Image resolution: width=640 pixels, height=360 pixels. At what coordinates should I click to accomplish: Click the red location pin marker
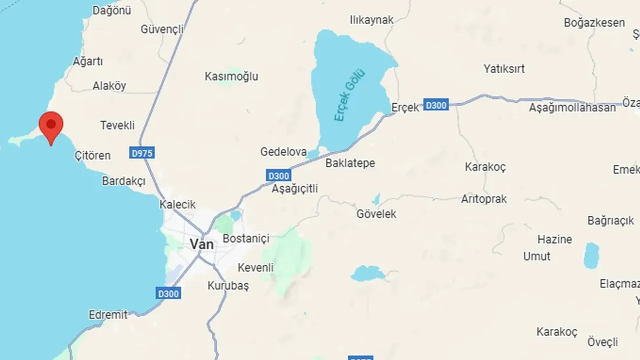[51, 126]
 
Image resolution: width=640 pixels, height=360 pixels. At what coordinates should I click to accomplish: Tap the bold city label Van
[201, 244]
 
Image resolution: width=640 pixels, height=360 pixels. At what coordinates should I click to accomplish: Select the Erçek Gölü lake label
[349, 95]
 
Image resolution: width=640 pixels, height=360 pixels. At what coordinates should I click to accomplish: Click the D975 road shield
[141, 153]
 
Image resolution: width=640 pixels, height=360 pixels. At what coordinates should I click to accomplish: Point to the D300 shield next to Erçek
[435, 105]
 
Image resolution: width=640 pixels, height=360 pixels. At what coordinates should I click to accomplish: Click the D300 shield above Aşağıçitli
[278, 175]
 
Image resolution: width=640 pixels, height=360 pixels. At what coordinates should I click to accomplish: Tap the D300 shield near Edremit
[168, 293]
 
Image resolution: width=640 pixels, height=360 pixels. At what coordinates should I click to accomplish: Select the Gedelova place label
[283, 151]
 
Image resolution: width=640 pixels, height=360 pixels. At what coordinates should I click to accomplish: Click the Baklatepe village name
[350, 163]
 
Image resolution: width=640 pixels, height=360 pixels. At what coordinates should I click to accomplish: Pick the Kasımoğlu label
[231, 76]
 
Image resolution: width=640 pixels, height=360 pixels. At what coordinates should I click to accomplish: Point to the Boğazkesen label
[594, 22]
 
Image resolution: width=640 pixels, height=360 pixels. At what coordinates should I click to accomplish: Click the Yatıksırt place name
[504, 68]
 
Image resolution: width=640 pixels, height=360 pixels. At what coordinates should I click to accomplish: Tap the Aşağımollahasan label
[572, 107]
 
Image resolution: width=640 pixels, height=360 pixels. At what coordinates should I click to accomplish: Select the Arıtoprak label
[483, 199]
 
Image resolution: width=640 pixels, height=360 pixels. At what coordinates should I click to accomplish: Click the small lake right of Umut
[591, 255]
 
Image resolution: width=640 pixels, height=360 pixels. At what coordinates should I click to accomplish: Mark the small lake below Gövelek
[367, 273]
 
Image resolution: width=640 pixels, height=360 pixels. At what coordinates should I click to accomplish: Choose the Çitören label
[92, 155]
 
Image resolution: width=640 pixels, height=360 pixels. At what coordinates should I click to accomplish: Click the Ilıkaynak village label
[371, 20]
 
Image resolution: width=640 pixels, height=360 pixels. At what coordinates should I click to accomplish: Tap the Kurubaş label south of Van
[228, 286]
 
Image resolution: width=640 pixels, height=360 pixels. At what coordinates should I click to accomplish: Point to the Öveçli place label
[602, 342]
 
